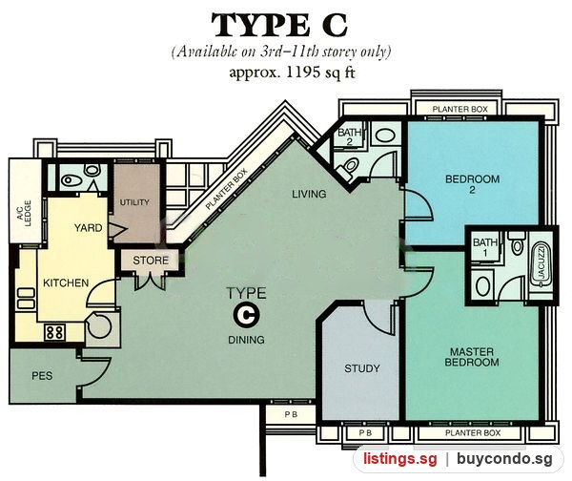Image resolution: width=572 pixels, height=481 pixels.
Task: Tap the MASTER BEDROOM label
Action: [x=472, y=357]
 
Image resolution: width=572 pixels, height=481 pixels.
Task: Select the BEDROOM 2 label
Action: [x=473, y=184]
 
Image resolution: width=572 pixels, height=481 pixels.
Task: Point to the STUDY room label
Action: [x=362, y=368]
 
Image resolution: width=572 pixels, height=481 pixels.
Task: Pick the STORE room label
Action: [x=151, y=261]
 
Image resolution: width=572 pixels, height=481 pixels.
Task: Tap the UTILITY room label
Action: [x=134, y=202]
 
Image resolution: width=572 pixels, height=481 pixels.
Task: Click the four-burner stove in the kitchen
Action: [x=55, y=333]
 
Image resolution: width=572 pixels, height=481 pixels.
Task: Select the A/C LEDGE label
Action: [x=24, y=214]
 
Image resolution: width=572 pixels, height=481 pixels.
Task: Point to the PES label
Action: [x=42, y=376]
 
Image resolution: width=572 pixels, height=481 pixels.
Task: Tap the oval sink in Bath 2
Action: [x=385, y=136]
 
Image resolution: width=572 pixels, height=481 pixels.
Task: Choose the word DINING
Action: [x=246, y=340]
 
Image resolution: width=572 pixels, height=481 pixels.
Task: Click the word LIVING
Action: [x=309, y=194]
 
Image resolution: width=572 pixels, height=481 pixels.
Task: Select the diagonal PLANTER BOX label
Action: [x=226, y=189]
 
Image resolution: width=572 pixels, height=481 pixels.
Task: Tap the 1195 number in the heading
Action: [x=300, y=73]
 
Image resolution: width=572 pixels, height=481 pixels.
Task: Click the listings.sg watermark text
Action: [x=400, y=459]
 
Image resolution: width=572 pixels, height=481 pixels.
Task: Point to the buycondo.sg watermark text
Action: [x=504, y=459]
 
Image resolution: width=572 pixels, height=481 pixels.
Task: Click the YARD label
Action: [x=89, y=228]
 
